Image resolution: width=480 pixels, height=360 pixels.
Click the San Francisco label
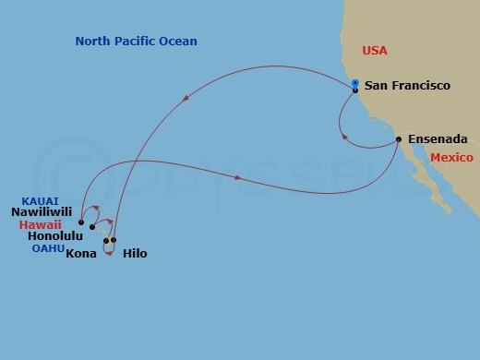click(407, 86)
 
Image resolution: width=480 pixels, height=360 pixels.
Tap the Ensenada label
click(438, 139)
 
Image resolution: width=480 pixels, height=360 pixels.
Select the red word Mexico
click(452, 158)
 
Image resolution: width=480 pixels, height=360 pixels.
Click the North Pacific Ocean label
click(137, 42)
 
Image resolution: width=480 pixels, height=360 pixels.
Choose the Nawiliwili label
click(42, 211)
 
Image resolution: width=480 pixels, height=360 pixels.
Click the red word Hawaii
click(46, 223)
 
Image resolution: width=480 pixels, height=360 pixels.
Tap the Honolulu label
click(45, 235)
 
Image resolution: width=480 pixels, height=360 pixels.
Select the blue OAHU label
click(47, 248)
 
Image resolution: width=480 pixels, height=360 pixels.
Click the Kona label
click(83, 253)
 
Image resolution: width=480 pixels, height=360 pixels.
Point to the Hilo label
click(134, 253)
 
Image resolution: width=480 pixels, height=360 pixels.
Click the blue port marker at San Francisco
click(354, 84)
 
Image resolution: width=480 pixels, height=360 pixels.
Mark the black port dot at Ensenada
click(398, 139)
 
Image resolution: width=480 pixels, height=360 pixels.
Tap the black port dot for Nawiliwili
click(81, 222)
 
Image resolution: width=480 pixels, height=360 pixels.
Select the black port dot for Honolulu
click(92, 227)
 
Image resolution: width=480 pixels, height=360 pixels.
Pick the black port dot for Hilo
click(114, 240)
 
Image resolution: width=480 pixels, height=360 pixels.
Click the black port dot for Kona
click(106, 241)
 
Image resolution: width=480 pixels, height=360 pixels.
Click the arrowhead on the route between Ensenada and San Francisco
click(344, 137)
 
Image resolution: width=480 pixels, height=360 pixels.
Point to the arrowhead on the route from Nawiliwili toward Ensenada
click(239, 177)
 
